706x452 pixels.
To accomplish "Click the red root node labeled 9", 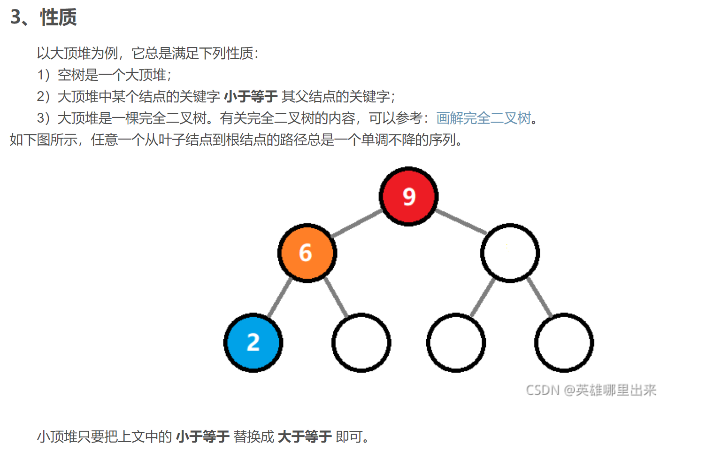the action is (x=408, y=196).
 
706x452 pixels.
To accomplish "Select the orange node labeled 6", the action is (x=307, y=253).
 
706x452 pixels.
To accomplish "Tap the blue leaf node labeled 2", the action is (x=253, y=343).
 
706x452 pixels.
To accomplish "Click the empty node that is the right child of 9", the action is (x=510, y=253).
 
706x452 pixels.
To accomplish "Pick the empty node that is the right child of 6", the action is (x=361, y=343).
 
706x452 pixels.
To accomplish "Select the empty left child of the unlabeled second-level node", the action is (x=456, y=343).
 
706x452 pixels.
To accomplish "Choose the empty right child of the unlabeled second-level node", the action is (x=564, y=343).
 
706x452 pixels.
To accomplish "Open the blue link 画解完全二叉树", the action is (x=483, y=118).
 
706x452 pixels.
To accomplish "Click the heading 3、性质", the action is (x=44, y=17).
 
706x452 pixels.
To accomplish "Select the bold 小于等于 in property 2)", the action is (x=251, y=96).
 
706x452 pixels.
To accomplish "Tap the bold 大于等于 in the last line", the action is (x=305, y=436).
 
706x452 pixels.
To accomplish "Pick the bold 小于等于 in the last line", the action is (x=203, y=436).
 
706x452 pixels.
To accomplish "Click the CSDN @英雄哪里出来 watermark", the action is (x=591, y=390).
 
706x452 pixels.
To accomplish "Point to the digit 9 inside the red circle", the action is (x=409, y=196).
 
